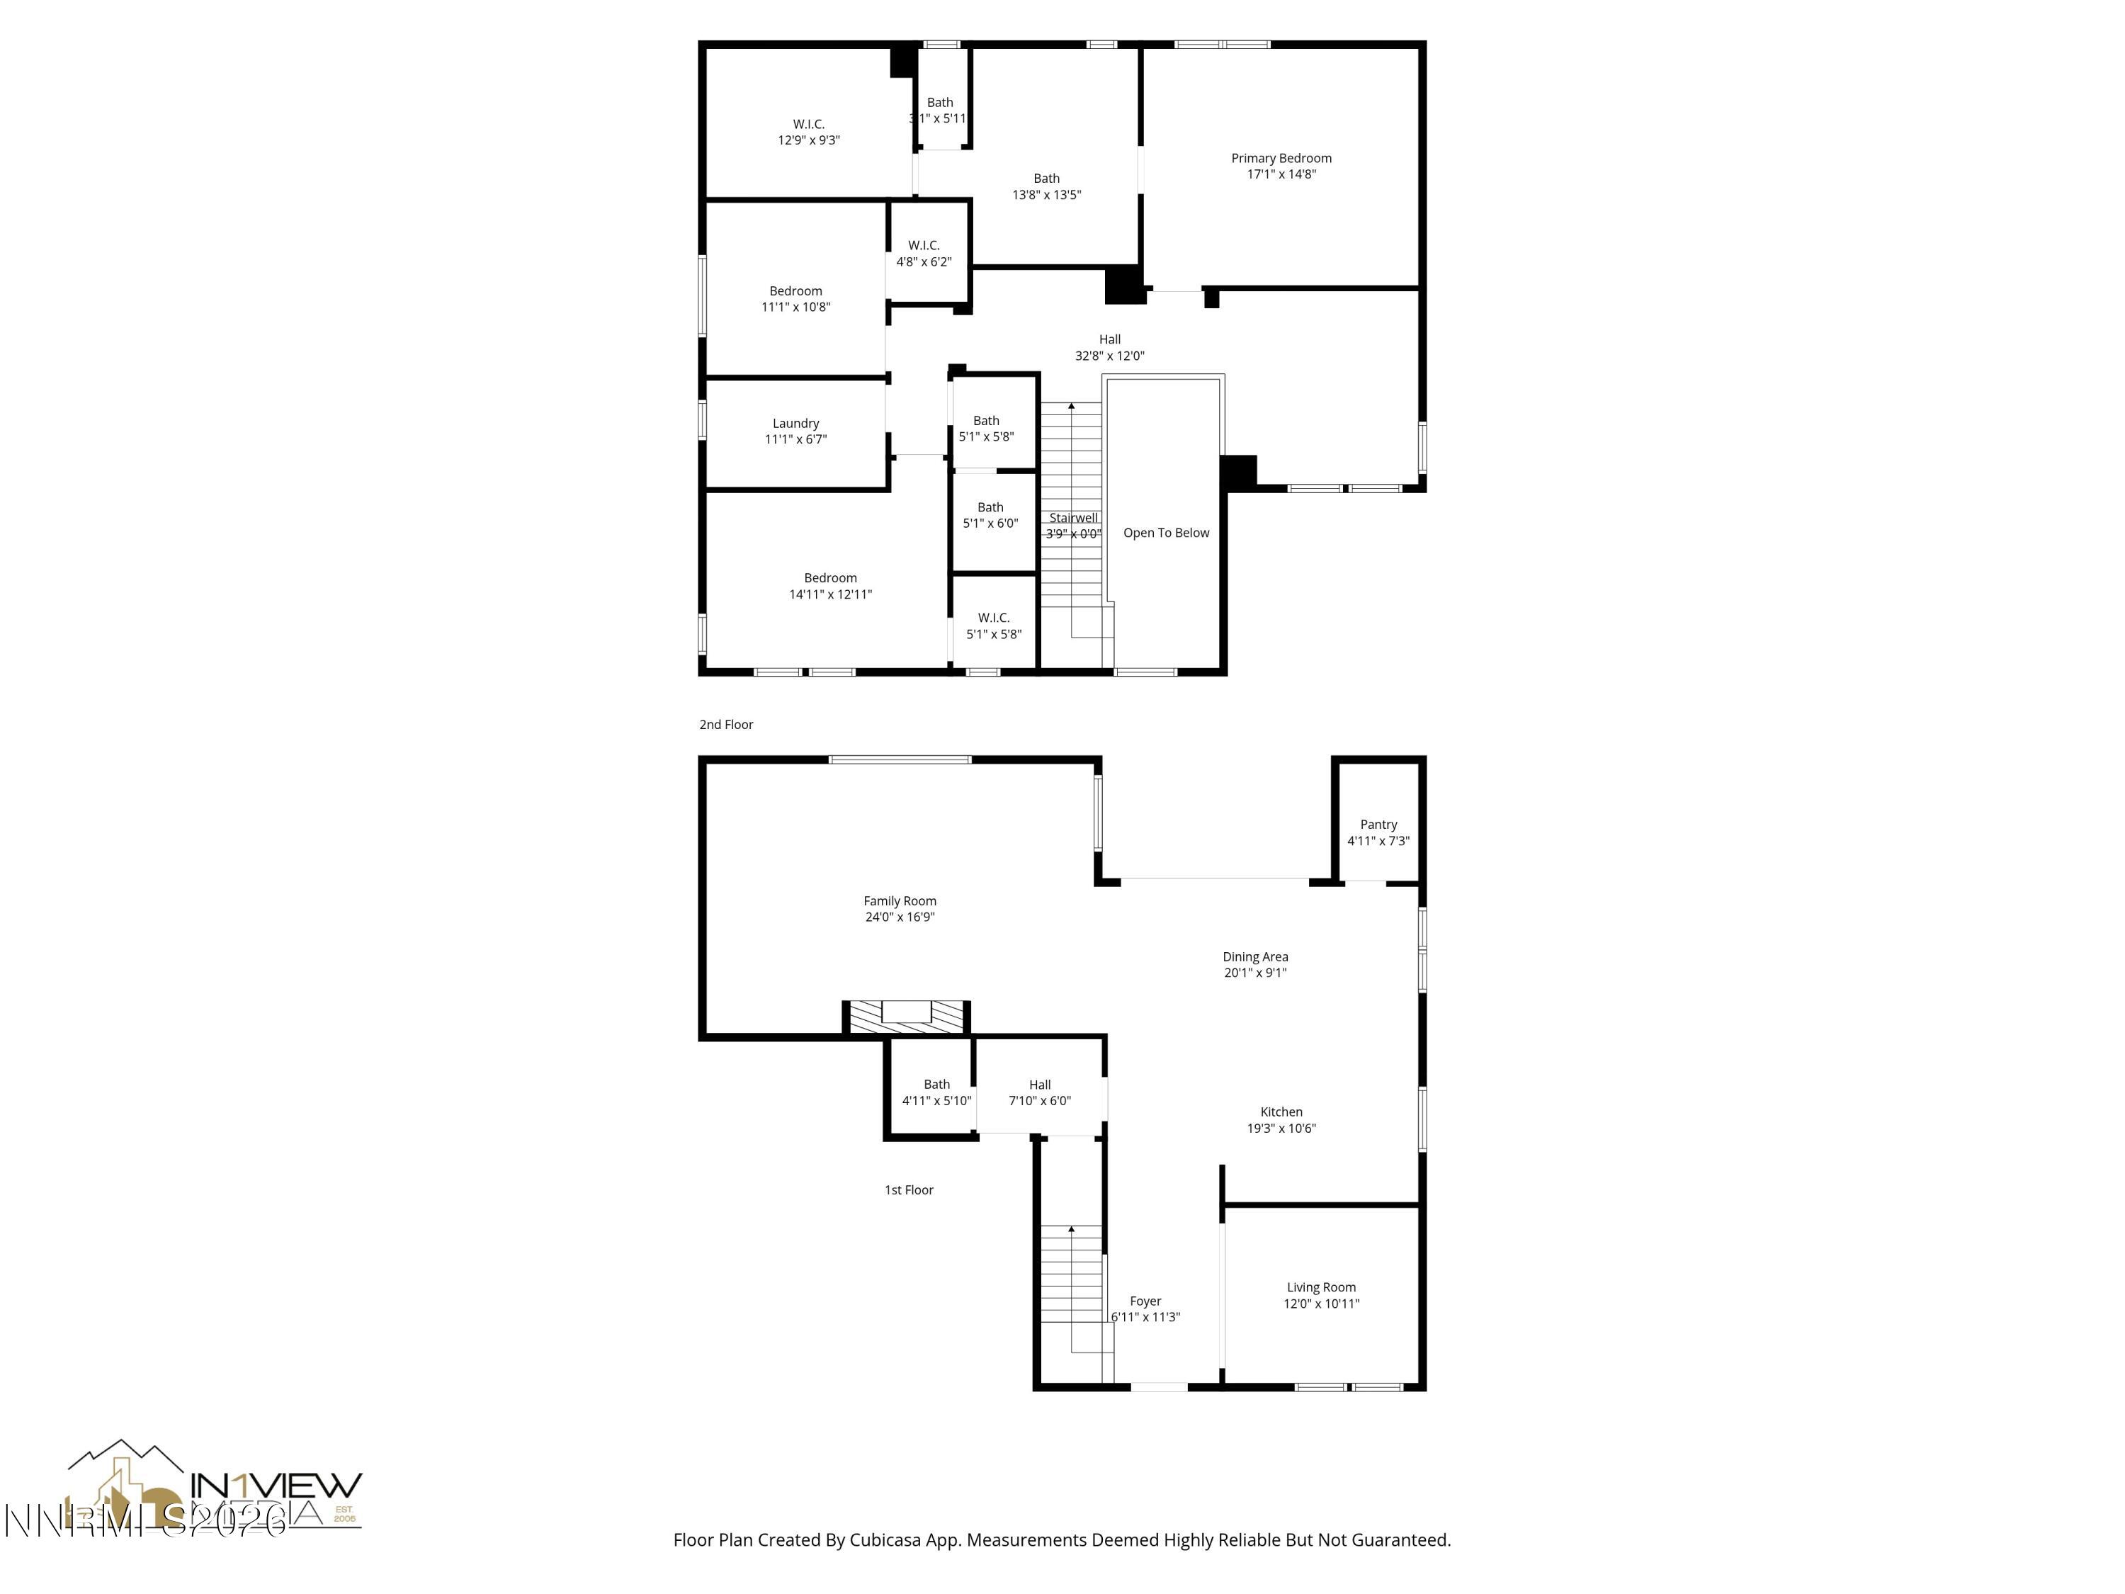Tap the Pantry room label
coord(1378,825)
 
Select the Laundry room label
coord(795,424)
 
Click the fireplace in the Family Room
coord(906,1016)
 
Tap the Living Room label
coord(1321,1287)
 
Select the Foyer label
coord(1145,1301)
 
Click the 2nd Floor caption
coord(725,725)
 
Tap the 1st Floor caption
coord(908,1189)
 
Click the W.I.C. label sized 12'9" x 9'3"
coord(808,124)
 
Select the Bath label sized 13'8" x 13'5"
coord(1046,179)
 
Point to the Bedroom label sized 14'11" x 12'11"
coord(830,578)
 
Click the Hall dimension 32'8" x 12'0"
coord(1109,356)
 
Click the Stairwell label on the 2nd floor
coord(1072,518)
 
